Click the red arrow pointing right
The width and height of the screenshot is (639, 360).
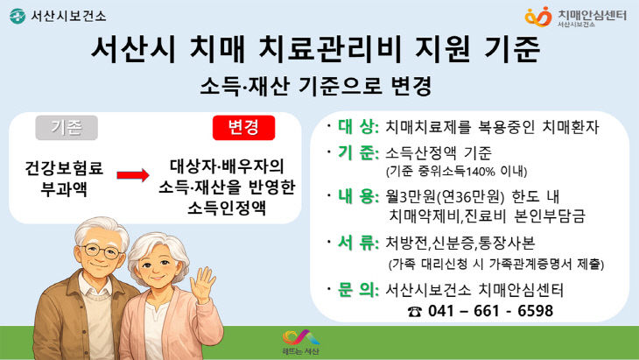[x=133, y=175]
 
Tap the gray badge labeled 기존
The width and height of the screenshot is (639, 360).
[x=68, y=128]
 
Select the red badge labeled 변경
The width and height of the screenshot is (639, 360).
[x=243, y=128]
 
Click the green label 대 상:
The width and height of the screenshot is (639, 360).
[x=356, y=127]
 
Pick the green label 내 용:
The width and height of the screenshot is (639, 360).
[x=356, y=195]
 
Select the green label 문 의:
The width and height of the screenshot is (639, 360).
[x=356, y=290]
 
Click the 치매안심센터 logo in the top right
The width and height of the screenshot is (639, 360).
[x=578, y=16]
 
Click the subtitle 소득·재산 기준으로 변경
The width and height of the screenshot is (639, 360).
[x=318, y=87]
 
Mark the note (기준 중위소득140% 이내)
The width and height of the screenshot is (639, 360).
[x=456, y=170]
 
